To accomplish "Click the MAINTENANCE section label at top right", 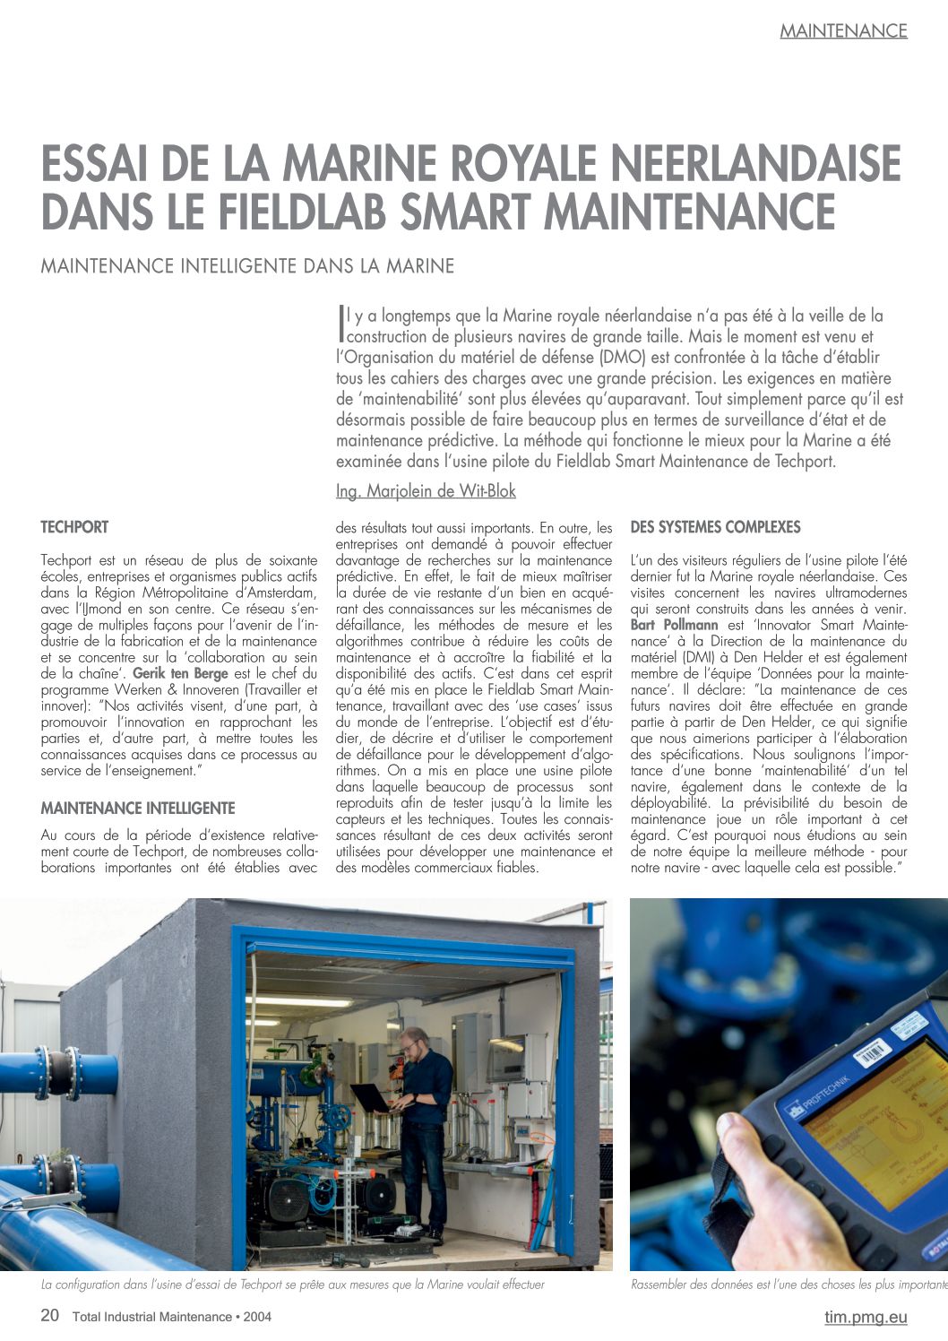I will click(x=843, y=30).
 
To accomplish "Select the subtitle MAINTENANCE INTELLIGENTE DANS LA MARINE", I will click(x=247, y=266).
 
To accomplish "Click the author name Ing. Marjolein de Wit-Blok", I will click(x=426, y=491).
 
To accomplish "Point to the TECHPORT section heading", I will click(x=74, y=527).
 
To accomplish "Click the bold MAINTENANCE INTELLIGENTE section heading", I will click(x=138, y=809).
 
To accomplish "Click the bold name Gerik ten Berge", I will click(x=180, y=673).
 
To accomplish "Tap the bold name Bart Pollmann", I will click(x=675, y=625).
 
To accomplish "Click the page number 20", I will click(x=50, y=1316).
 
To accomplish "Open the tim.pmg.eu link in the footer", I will click(x=866, y=1317).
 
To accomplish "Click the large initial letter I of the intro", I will click(x=340, y=324).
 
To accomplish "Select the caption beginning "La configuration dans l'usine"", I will click(x=293, y=1285).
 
